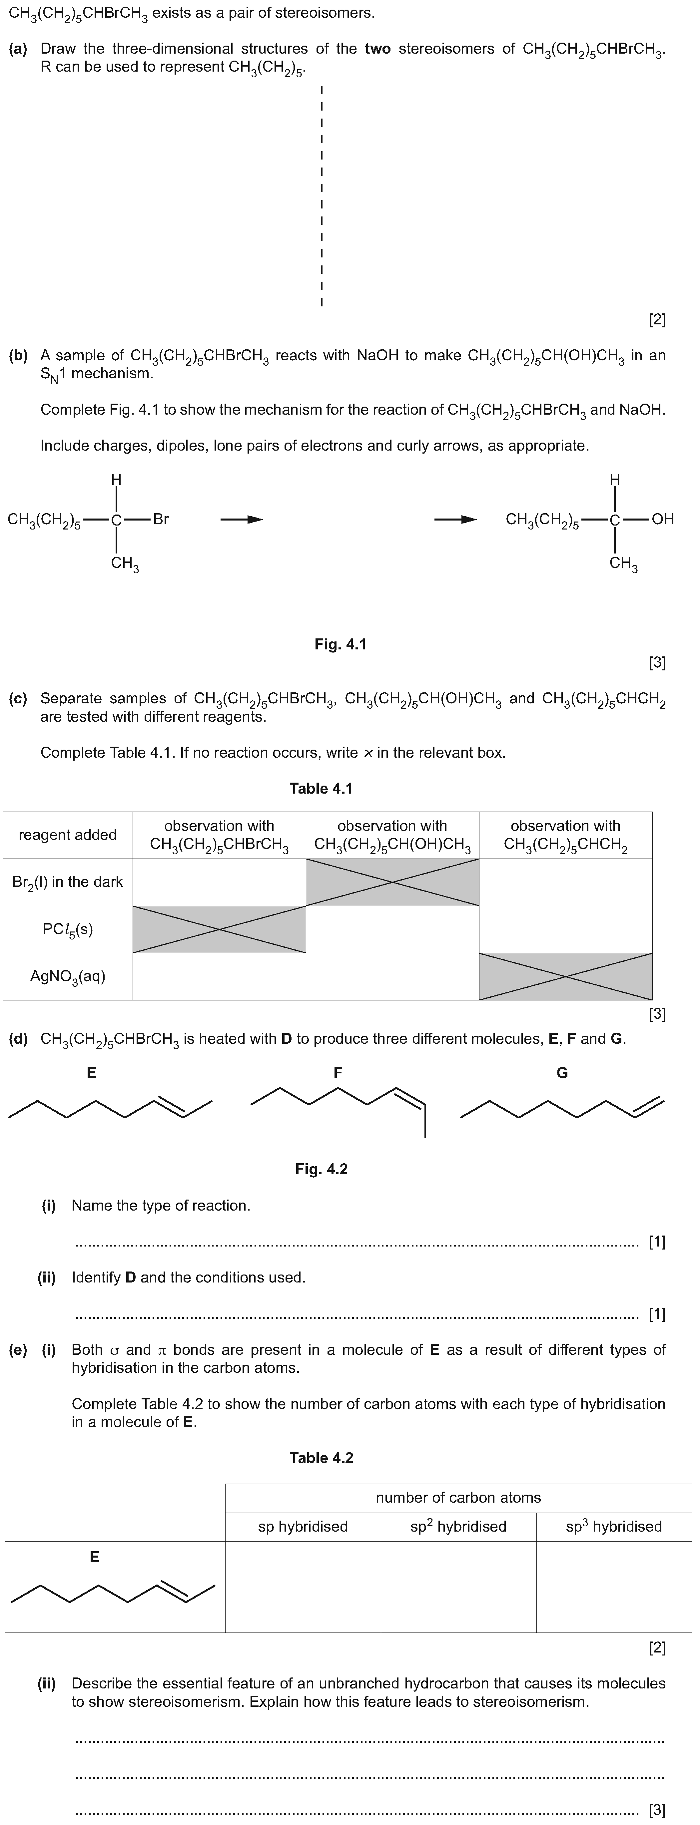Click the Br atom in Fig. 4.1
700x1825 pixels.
click(x=161, y=519)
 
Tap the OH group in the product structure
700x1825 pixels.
click(x=662, y=519)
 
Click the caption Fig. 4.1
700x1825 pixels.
click(x=340, y=644)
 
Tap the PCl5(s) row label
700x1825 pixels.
click(x=67, y=929)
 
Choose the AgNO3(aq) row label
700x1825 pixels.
click(x=67, y=976)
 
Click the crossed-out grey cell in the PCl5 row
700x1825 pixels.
click(x=219, y=929)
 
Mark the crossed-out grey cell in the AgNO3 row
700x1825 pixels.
click(x=565, y=976)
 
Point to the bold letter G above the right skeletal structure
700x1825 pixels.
click(x=562, y=1073)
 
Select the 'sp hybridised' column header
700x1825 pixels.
click(x=303, y=1526)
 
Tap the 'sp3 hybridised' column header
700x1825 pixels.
click(x=614, y=1526)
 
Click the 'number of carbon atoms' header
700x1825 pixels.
click(x=458, y=1497)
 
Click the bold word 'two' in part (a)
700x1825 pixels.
click(x=377, y=49)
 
